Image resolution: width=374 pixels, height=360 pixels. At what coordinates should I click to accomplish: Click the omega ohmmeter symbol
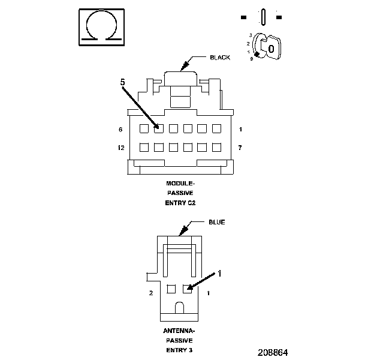(101, 27)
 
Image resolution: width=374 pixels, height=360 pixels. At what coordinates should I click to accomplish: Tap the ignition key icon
(265, 47)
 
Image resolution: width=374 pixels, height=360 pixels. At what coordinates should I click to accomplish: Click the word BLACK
(220, 58)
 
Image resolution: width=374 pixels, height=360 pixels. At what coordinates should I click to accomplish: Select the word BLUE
(216, 222)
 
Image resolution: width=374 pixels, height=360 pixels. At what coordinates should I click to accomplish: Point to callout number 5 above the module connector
(123, 82)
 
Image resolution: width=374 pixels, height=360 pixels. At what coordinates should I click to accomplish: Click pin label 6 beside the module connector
(120, 130)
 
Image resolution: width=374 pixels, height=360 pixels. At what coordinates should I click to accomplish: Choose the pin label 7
(240, 148)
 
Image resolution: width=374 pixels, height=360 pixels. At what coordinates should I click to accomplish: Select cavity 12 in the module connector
(144, 147)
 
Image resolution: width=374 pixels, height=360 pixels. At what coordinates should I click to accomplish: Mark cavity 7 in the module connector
(216, 147)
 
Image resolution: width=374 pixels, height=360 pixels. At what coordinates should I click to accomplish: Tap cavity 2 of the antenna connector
(171, 289)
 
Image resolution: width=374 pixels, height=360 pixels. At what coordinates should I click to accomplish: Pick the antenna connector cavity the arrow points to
(188, 289)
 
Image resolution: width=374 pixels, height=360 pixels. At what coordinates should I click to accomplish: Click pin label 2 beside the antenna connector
(150, 293)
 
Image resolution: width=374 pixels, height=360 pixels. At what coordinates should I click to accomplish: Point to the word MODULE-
(180, 183)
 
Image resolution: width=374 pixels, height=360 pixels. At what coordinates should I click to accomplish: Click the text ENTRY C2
(180, 203)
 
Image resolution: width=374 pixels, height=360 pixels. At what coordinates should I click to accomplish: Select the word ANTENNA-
(180, 331)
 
